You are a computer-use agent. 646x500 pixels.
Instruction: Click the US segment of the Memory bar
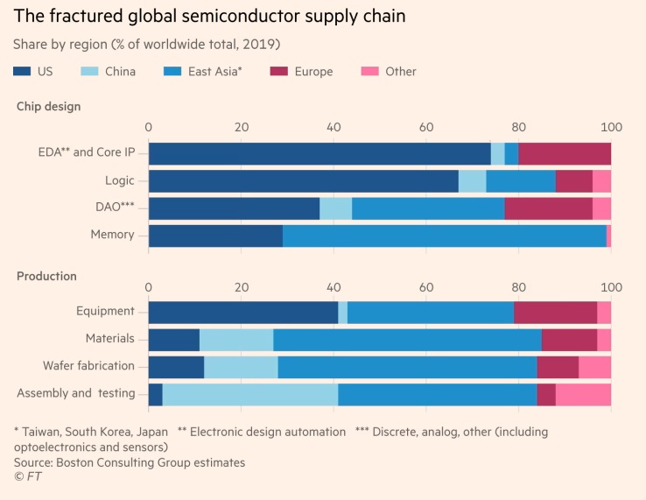coord(215,235)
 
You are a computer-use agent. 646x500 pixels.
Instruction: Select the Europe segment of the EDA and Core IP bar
coord(565,153)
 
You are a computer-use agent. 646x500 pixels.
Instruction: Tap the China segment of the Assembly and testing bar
coord(250,394)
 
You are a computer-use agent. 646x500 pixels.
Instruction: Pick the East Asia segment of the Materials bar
coord(407,340)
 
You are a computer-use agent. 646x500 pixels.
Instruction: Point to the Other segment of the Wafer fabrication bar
coord(594,367)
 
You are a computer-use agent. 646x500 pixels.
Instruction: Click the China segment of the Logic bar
coord(472,180)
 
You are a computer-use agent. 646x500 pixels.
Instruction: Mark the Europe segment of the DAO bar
coord(548,208)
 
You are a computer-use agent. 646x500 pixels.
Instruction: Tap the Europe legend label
coord(313,71)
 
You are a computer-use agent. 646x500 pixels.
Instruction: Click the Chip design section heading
coord(49,107)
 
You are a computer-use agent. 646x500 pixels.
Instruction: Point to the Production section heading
coord(47,276)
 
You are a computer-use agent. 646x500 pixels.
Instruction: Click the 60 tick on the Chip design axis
coord(426,127)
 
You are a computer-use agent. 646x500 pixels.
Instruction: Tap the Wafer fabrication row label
coord(88,366)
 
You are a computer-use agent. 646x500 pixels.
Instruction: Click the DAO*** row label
coord(113,208)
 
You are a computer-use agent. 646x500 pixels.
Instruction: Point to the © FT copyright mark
coord(27,476)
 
